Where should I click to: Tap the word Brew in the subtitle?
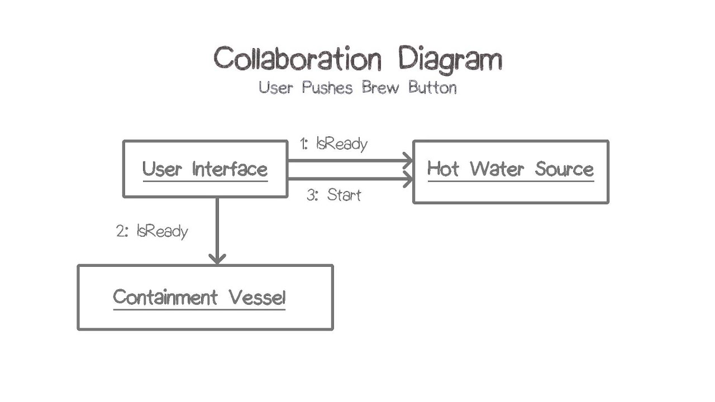(380, 88)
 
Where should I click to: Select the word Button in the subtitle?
(432, 88)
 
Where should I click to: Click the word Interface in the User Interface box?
(230, 169)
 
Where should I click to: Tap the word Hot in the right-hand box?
(443, 169)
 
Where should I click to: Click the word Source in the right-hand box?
(564, 169)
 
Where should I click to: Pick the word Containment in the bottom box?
(165, 297)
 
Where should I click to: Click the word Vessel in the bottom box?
(257, 297)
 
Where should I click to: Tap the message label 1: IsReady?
(333, 143)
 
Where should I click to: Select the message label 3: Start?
(333, 195)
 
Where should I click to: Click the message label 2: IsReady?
(152, 231)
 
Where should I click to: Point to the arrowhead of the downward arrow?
(217, 258)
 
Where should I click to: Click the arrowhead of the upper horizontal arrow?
(408, 161)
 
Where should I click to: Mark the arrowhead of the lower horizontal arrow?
(408, 179)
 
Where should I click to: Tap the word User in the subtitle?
(276, 88)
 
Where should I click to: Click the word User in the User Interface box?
(162, 169)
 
